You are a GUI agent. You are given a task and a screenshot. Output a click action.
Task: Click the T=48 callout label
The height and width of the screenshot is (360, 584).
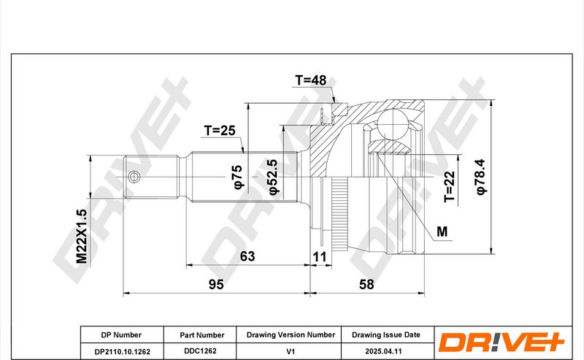click(311, 80)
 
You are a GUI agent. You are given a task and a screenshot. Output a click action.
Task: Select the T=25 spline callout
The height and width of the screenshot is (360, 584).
click(220, 131)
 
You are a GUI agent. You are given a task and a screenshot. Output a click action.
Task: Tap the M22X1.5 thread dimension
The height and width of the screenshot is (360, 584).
click(81, 236)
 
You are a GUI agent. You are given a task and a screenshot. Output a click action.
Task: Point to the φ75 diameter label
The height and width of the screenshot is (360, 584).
click(238, 177)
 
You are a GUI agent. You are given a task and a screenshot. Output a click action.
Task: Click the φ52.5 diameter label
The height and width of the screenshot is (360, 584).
click(273, 177)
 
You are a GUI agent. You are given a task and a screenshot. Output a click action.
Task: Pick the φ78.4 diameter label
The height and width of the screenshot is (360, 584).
click(480, 177)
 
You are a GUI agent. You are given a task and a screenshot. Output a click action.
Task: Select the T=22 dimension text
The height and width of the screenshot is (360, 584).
click(450, 186)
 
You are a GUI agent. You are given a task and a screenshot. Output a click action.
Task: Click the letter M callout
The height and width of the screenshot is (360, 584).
click(442, 231)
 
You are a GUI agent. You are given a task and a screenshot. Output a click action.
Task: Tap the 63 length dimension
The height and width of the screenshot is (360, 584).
click(247, 256)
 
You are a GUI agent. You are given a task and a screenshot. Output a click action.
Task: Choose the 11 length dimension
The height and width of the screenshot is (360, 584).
click(320, 257)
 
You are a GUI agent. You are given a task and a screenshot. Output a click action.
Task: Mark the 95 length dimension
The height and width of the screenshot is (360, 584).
click(216, 284)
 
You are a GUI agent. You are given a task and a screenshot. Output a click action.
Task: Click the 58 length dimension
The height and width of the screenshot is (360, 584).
click(366, 284)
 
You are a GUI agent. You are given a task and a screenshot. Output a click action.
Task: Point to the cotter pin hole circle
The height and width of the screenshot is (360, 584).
click(134, 177)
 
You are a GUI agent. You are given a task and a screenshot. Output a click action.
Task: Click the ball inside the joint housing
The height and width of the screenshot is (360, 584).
click(393, 123)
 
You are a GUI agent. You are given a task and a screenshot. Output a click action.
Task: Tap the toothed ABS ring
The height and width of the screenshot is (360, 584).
click(339, 214)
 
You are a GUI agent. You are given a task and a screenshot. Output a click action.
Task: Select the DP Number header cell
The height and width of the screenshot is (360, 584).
click(122, 334)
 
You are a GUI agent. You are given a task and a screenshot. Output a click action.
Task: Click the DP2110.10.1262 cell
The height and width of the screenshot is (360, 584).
click(122, 351)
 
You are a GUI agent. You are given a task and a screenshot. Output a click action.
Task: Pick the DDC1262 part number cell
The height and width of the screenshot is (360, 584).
click(200, 351)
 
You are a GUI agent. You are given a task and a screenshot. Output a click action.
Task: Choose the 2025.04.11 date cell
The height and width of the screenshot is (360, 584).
click(384, 351)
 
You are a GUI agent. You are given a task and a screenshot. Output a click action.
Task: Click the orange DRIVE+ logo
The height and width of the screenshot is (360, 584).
click(502, 342)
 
